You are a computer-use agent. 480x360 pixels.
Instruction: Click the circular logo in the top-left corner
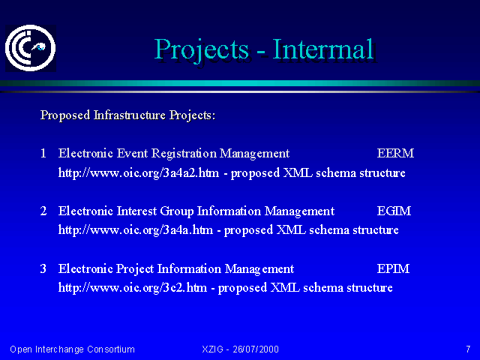30,48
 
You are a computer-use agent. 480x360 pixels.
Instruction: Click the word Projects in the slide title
201,49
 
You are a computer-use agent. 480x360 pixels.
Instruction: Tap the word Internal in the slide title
323,49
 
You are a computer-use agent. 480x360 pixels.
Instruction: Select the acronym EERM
395,153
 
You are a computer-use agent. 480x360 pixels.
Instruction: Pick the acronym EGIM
394,211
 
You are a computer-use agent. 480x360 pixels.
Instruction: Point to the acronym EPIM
393,268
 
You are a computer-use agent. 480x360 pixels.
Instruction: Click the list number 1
43,153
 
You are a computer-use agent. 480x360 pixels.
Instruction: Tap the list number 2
43,211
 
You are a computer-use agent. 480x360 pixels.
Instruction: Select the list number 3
43,268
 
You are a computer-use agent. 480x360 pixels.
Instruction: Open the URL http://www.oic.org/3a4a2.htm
139,173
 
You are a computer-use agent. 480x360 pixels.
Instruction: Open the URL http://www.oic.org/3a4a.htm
135,230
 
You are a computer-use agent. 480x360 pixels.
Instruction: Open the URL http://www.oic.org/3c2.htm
133,288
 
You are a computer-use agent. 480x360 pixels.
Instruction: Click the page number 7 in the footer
468,349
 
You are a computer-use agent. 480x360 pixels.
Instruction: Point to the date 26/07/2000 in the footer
256,349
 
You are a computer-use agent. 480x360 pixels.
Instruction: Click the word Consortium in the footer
111,349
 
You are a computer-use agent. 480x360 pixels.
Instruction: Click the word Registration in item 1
184,153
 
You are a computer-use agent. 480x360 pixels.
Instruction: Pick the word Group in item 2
177,211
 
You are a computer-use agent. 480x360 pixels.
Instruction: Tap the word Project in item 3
135,268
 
